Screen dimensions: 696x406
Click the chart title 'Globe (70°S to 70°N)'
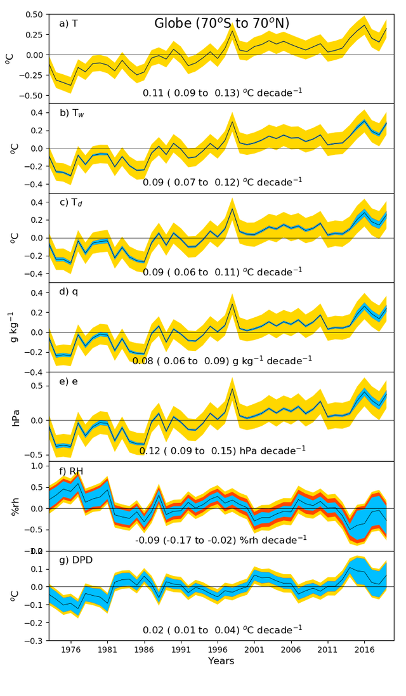tap(221, 24)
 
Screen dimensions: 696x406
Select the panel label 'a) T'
tap(69, 23)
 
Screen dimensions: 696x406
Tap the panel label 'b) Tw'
tap(72, 114)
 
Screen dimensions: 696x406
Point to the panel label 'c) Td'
tap(72, 203)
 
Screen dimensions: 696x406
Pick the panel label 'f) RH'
tap(71, 471)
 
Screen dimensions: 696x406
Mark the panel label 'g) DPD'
tap(74, 561)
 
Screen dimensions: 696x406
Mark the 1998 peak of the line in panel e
tap(232, 389)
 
